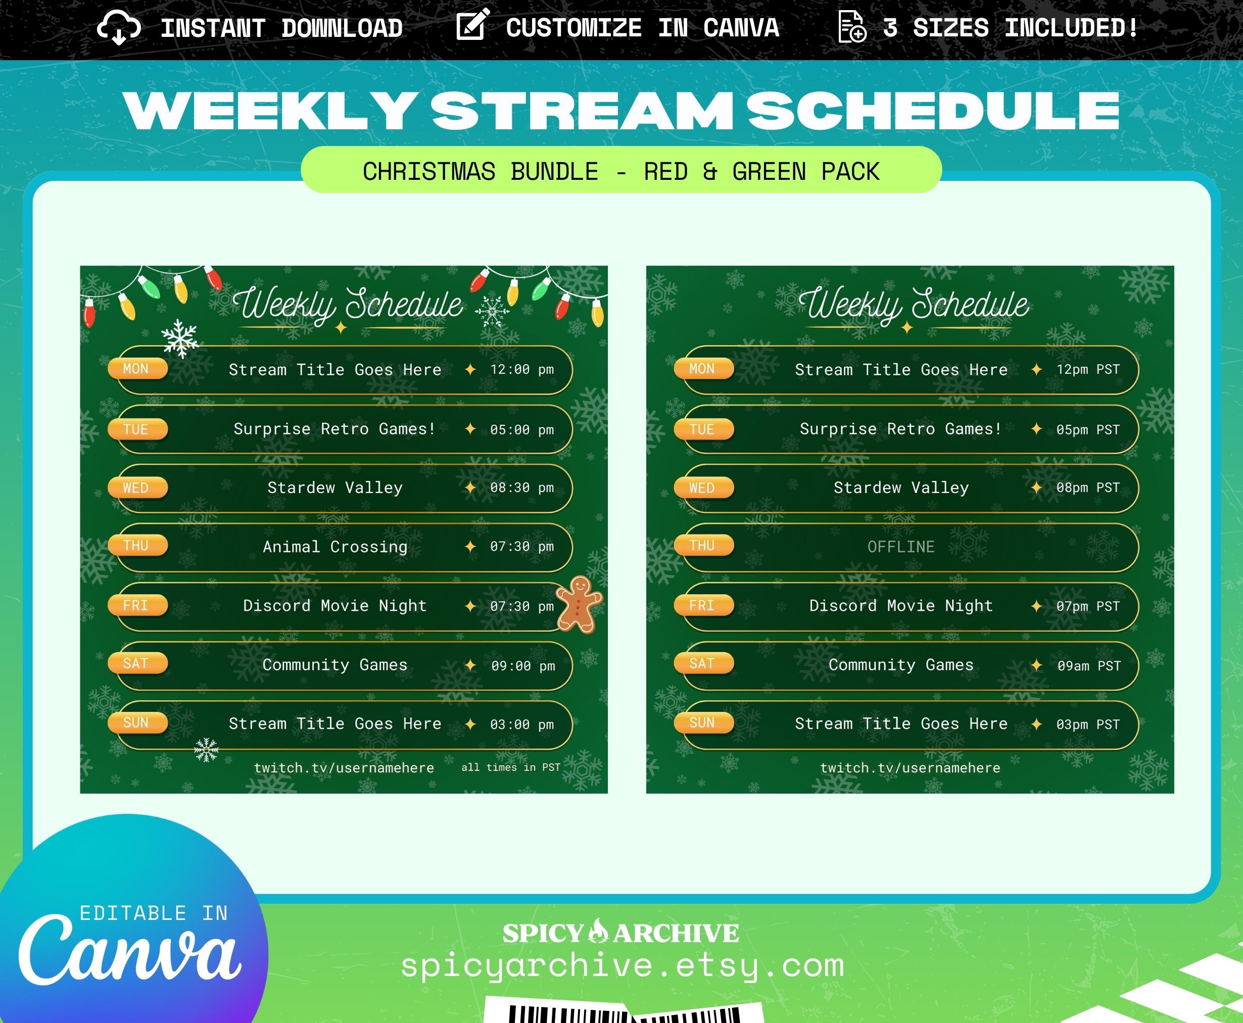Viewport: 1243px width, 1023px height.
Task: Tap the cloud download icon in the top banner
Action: point(118,28)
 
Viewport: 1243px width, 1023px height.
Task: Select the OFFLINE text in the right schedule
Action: point(900,547)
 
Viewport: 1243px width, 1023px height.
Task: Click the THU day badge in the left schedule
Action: point(137,546)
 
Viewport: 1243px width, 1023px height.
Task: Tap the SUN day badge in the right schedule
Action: point(704,722)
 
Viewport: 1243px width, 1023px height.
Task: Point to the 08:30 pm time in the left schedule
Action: point(521,488)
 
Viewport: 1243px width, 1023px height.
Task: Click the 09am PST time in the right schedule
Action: point(1088,666)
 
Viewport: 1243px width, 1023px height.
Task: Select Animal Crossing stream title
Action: point(335,547)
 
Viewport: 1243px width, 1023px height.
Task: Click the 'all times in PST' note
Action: point(510,767)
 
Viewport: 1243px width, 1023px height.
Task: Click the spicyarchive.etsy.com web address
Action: point(623,966)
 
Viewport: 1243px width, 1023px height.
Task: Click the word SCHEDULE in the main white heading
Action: point(933,111)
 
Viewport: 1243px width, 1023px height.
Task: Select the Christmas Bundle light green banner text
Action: point(621,171)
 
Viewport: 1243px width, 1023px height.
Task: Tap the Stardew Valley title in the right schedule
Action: point(900,488)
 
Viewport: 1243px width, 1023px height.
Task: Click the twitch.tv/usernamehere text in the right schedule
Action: point(910,768)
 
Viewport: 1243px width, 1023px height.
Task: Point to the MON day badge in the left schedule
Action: point(137,369)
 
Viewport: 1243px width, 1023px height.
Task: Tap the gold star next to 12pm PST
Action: point(1036,369)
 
